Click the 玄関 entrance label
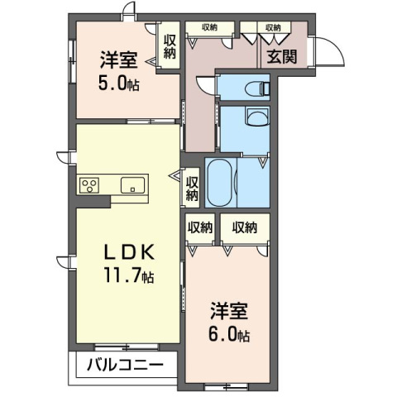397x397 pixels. point(282,57)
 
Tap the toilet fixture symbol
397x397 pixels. point(257,88)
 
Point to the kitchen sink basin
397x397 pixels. point(132,185)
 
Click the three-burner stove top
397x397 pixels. point(89,185)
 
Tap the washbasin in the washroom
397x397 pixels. point(258,117)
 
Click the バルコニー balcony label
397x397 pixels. point(126,365)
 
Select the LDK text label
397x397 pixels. point(128,252)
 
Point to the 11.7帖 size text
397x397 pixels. point(129,275)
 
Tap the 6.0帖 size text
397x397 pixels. point(229,334)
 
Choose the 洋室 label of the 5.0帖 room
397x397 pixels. point(119,60)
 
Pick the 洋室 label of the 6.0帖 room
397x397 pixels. point(229,311)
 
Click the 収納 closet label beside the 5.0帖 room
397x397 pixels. point(170,47)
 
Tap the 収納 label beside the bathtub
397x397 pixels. point(192,189)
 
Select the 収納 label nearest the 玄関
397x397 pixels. point(273,27)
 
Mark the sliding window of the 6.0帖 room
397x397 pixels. point(227,386)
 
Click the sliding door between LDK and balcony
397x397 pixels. point(127,347)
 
